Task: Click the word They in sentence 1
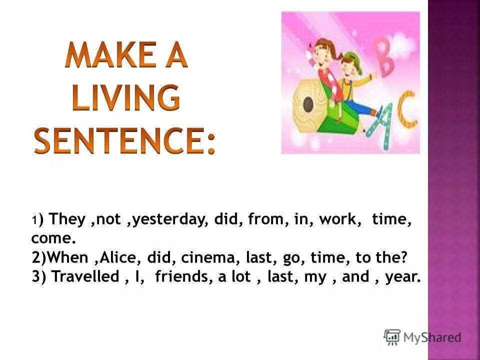click(x=69, y=219)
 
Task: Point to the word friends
click(x=183, y=276)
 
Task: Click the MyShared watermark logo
click(x=422, y=337)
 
